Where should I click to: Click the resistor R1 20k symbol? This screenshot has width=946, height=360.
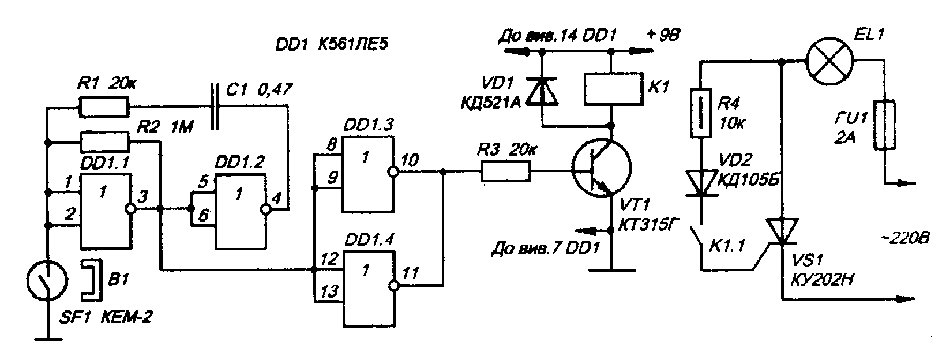pyautogui.click(x=104, y=106)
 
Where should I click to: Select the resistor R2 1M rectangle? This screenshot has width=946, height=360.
pyautogui.click(x=104, y=140)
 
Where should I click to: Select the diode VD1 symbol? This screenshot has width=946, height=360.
pyautogui.click(x=543, y=92)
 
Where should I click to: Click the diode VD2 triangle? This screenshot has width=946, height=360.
pyautogui.click(x=700, y=182)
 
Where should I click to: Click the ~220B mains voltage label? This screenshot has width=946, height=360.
pyautogui.click(x=902, y=239)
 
